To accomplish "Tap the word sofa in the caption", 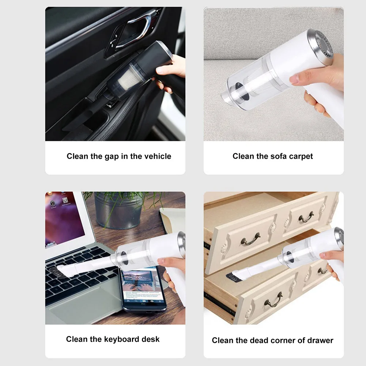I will (279, 156).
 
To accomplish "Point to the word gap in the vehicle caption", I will (112, 156).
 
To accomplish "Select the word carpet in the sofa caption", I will (301, 156).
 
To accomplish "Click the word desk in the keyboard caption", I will (152, 339).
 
